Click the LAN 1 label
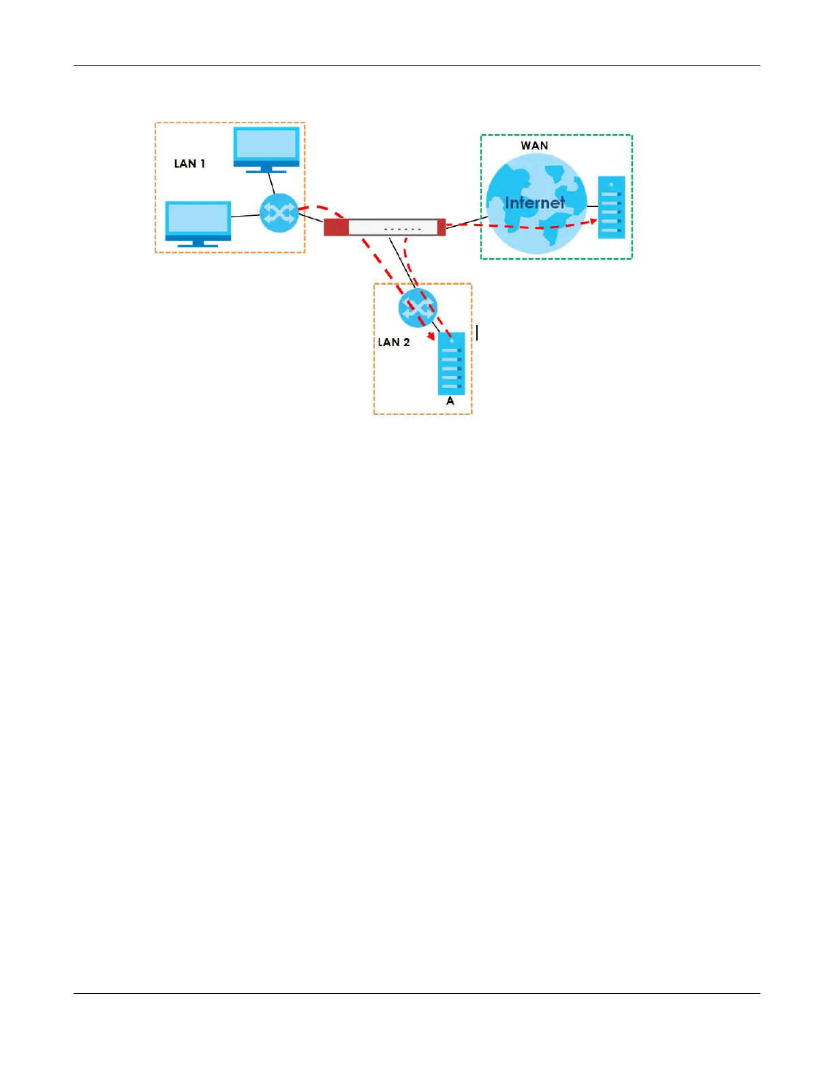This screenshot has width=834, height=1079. (x=189, y=163)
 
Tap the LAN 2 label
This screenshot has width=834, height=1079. (x=394, y=342)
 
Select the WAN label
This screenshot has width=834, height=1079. (x=534, y=145)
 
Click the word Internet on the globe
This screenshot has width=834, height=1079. (x=535, y=202)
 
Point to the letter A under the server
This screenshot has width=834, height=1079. (x=450, y=401)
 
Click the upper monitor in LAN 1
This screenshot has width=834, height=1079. (x=266, y=146)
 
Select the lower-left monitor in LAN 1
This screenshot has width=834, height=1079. (x=198, y=221)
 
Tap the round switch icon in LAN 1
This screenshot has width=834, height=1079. (x=279, y=213)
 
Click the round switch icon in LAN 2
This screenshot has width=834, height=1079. (x=418, y=309)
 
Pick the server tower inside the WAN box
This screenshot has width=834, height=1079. (x=611, y=207)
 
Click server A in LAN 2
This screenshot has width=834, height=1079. (x=451, y=364)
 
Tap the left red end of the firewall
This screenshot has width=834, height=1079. (x=336, y=227)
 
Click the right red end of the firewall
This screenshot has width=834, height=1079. (x=441, y=227)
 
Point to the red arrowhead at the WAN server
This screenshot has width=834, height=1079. (x=593, y=221)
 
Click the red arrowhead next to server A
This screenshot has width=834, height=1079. (x=431, y=336)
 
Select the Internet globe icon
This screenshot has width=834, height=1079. (x=536, y=204)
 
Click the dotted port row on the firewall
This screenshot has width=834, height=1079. (x=403, y=229)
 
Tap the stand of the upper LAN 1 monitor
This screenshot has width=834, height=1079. (x=266, y=169)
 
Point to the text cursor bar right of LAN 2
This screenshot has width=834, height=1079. (x=477, y=332)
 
